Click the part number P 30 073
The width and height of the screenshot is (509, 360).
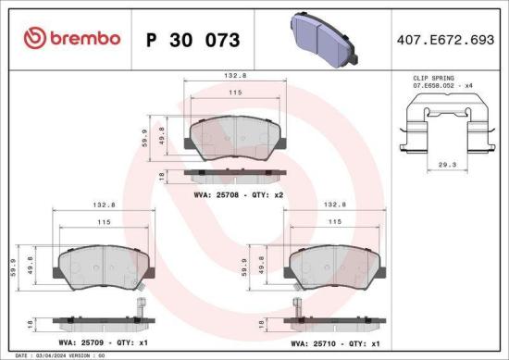point(192,40)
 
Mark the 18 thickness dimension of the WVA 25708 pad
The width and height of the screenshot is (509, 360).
point(162,174)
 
